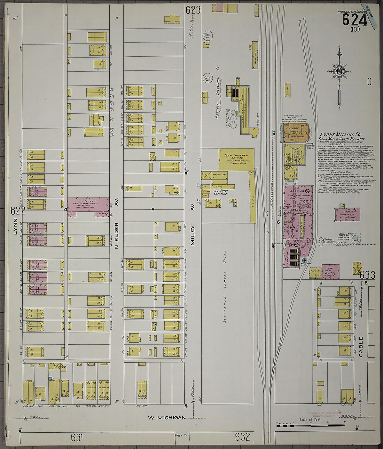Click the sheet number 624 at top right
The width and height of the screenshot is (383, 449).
354,20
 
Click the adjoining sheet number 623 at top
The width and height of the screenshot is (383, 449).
193,10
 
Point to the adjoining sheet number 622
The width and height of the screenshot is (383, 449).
18,211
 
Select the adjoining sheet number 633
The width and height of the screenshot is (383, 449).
367,275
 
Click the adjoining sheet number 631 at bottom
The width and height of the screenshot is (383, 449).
77,438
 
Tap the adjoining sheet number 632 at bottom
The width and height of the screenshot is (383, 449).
242,437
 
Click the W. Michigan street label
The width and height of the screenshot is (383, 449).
167,418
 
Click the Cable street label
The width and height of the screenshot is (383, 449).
361,346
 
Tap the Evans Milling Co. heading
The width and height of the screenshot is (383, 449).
340,135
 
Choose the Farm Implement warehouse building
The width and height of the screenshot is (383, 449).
236,159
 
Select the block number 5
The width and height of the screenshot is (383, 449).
153,210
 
